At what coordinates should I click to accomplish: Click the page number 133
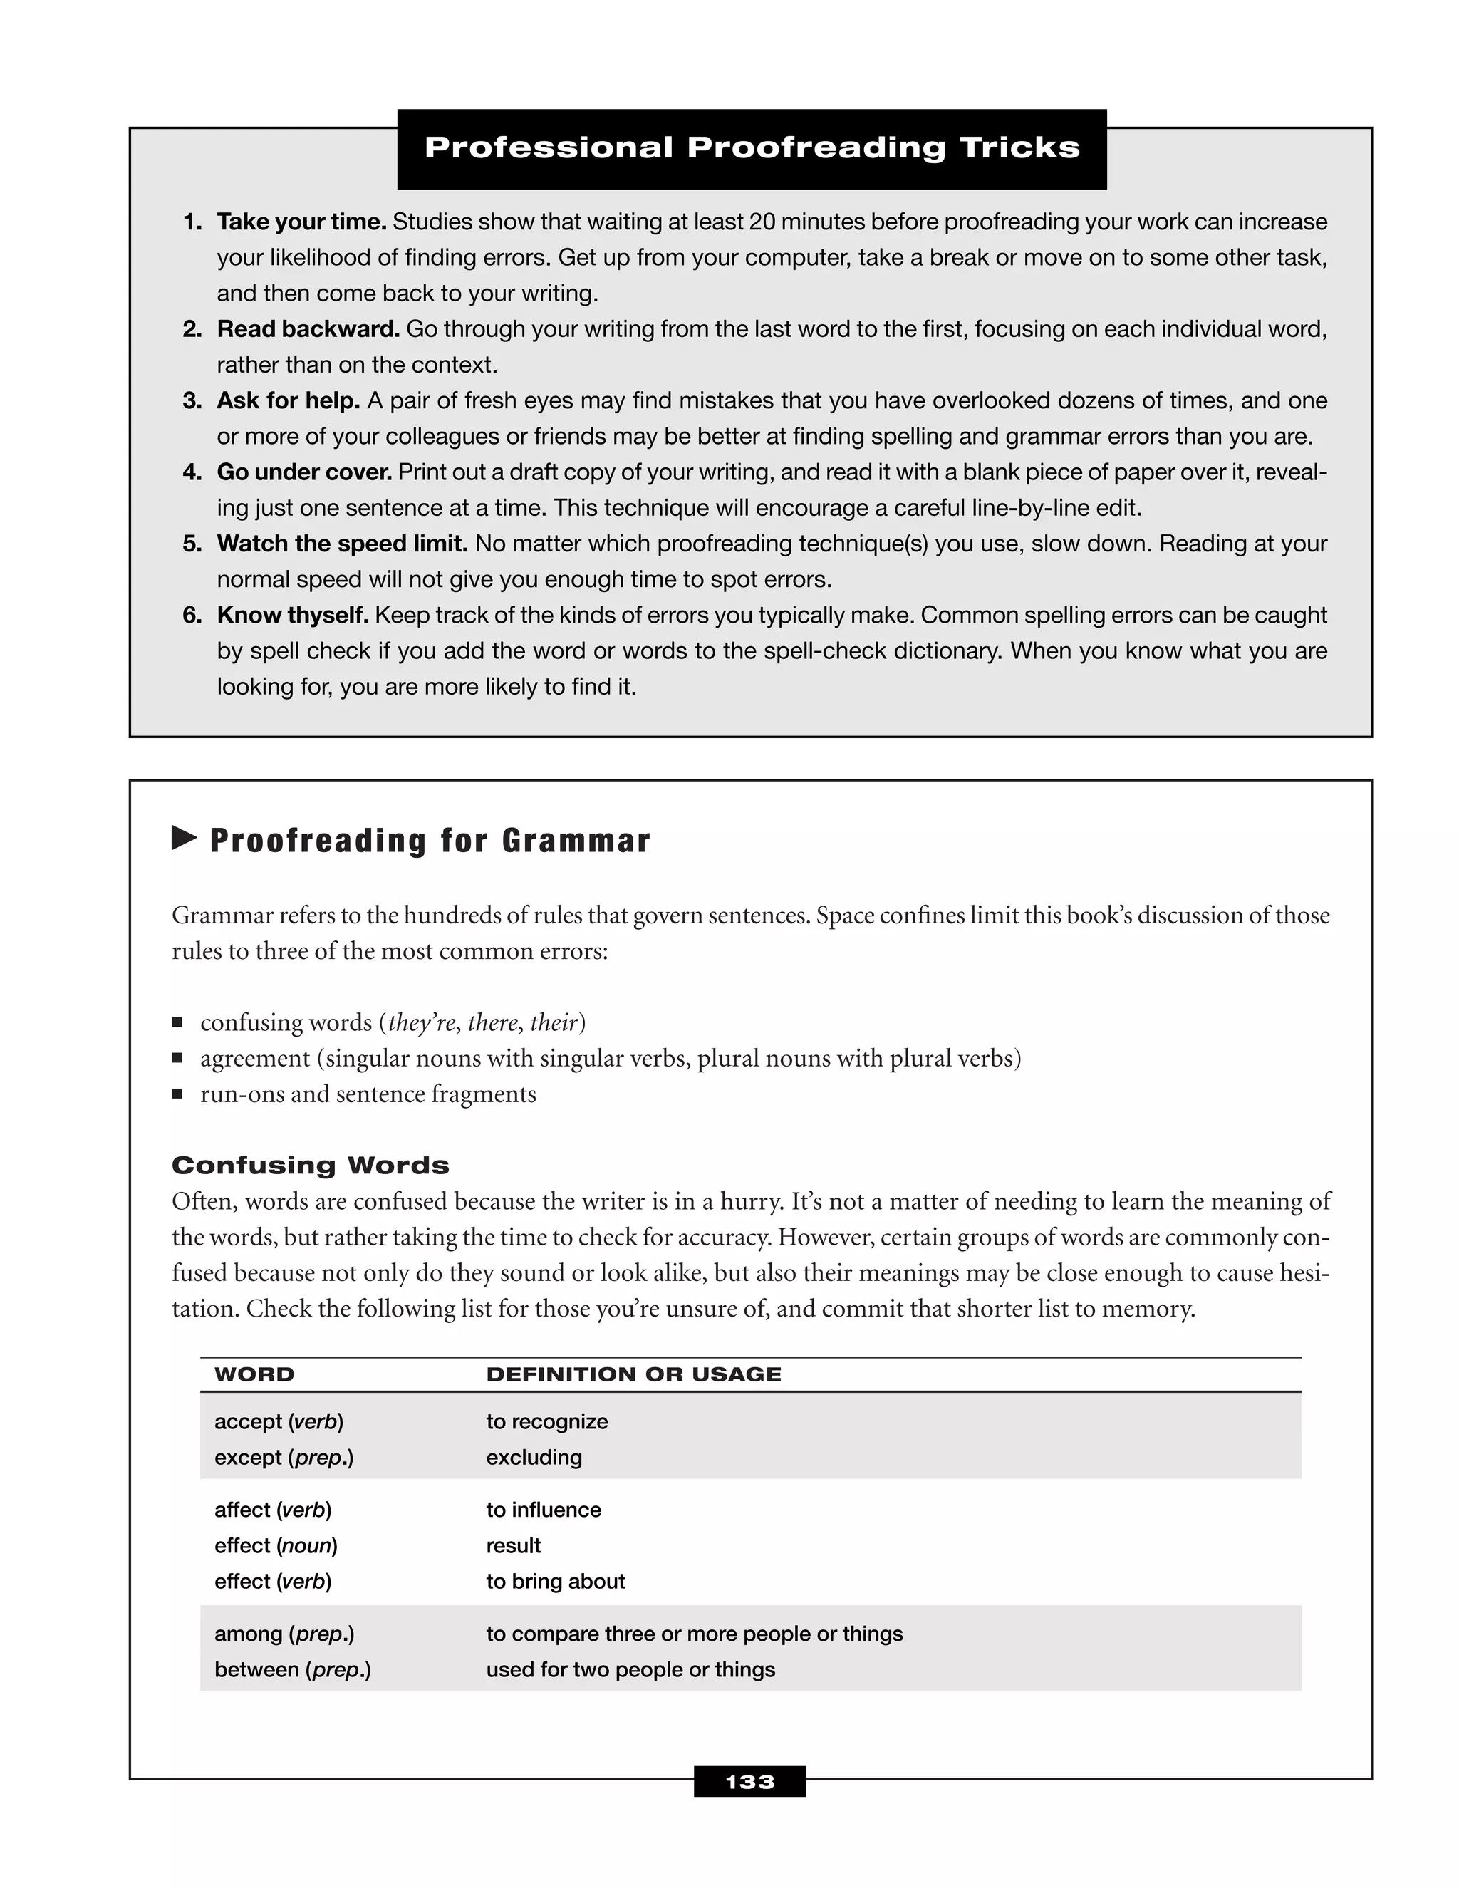[749, 1782]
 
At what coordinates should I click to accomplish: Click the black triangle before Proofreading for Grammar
[183, 838]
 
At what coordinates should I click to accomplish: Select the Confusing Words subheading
[311, 1166]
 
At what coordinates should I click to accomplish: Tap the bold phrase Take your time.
[301, 222]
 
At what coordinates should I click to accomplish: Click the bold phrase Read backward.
[308, 329]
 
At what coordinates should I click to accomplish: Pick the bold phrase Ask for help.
[288, 401]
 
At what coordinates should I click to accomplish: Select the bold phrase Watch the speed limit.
[342, 544]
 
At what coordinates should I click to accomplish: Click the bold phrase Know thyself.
[293, 616]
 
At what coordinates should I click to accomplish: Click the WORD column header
[254, 1374]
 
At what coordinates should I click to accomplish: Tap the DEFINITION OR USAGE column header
[633, 1374]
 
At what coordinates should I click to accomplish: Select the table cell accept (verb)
[279, 1422]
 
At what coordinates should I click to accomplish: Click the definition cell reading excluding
[534, 1458]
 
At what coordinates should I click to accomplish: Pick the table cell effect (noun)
[276, 1546]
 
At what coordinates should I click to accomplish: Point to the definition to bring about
[555, 1581]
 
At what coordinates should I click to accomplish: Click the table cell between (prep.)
[292, 1669]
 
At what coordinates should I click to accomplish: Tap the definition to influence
[543, 1510]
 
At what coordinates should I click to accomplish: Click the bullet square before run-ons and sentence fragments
[177, 1094]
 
